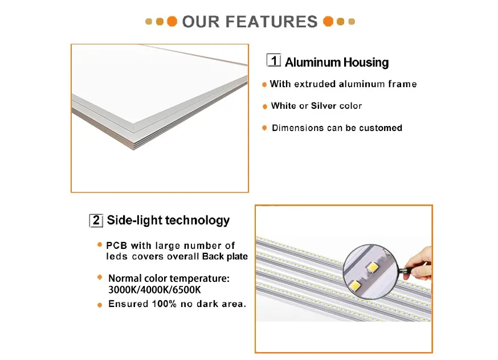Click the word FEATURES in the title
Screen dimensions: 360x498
(271, 22)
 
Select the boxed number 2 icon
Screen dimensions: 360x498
(96, 220)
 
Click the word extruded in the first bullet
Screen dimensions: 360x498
(315, 84)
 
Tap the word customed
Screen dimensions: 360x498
(381, 128)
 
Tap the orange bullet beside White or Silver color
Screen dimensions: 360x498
(264, 107)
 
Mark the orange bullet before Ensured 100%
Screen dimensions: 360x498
(100, 305)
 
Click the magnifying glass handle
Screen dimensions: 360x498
(405, 269)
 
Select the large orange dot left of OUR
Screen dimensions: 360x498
(172, 22)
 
